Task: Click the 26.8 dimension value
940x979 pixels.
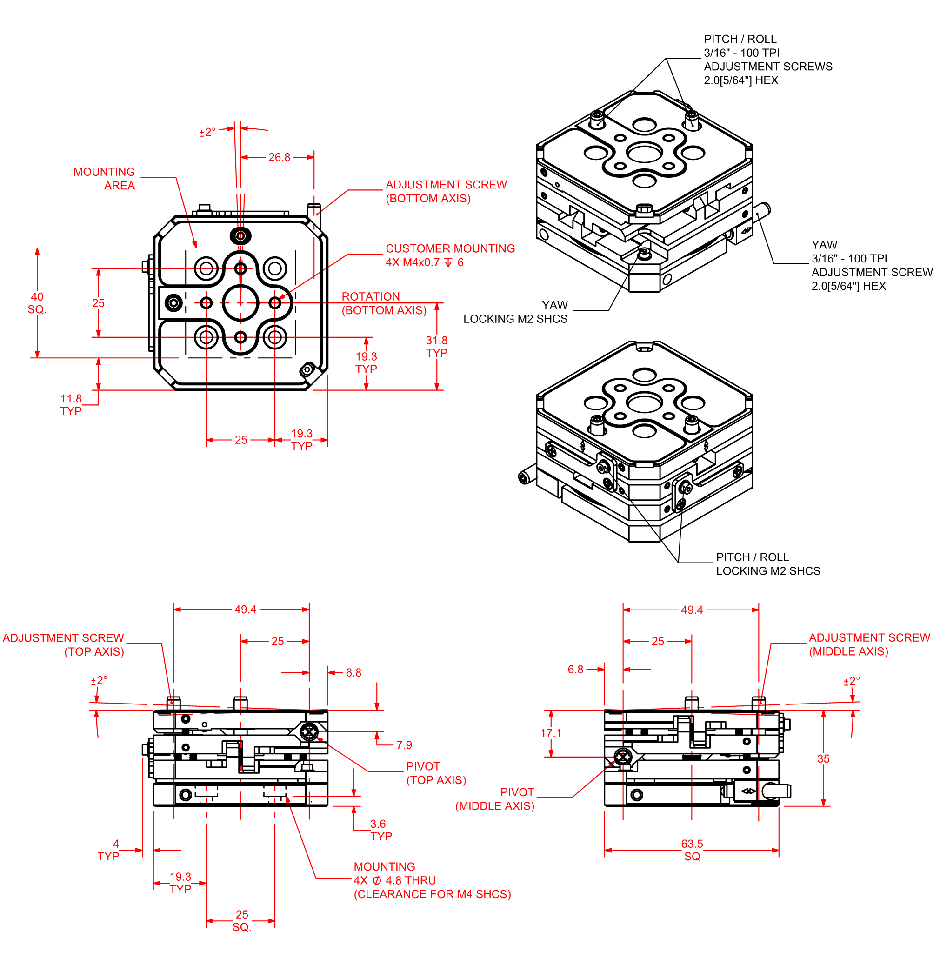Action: tap(279, 157)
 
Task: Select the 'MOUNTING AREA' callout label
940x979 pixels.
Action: tap(104, 179)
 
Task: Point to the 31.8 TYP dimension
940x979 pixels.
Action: tap(436, 347)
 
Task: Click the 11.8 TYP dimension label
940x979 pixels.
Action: tap(71, 405)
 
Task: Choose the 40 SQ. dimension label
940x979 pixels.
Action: tap(37, 303)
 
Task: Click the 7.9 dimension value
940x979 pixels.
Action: tap(404, 745)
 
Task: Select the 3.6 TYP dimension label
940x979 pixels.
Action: tap(380, 830)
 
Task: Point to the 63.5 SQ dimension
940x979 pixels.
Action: tap(692, 850)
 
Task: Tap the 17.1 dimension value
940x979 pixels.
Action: tap(551, 733)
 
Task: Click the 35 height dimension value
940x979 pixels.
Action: tap(823, 759)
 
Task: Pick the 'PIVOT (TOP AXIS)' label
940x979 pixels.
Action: tap(436, 773)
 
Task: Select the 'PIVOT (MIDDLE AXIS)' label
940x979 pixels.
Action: tap(495, 799)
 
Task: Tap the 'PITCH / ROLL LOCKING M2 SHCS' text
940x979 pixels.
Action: tap(768, 564)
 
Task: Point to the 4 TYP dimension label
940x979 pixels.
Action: tap(109, 850)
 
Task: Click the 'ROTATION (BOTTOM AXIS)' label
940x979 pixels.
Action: tap(383, 303)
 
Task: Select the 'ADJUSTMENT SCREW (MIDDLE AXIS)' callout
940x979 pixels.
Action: tap(869, 644)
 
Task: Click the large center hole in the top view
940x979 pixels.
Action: tap(240, 303)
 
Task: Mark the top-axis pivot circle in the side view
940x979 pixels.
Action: tap(309, 733)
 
